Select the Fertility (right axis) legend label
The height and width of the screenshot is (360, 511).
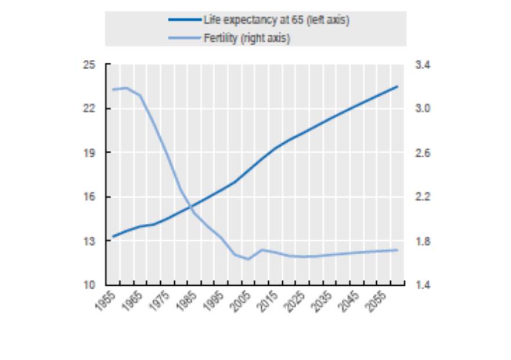[247, 38]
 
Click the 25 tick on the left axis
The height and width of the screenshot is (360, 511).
[89, 64]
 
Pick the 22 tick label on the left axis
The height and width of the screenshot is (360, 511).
[89, 109]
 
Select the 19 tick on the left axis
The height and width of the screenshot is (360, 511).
[89, 153]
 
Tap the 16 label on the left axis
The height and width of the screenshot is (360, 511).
[89, 197]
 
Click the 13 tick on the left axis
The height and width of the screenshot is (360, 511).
[89, 241]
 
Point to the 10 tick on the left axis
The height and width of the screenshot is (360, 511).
[89, 285]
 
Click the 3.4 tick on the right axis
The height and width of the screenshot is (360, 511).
[423, 64]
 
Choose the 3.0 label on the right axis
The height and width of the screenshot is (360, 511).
[423, 109]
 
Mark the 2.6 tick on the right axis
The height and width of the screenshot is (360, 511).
[423, 153]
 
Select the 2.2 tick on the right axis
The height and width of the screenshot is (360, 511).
[423, 197]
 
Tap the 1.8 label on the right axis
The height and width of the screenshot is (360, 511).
[423, 241]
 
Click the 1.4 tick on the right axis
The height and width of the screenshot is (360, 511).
[423, 285]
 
